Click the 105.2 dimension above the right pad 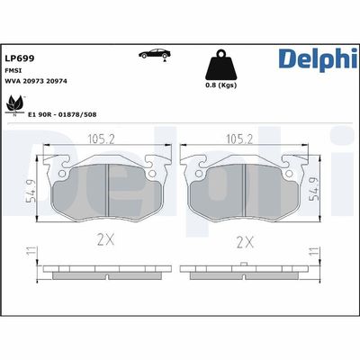[237, 139]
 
